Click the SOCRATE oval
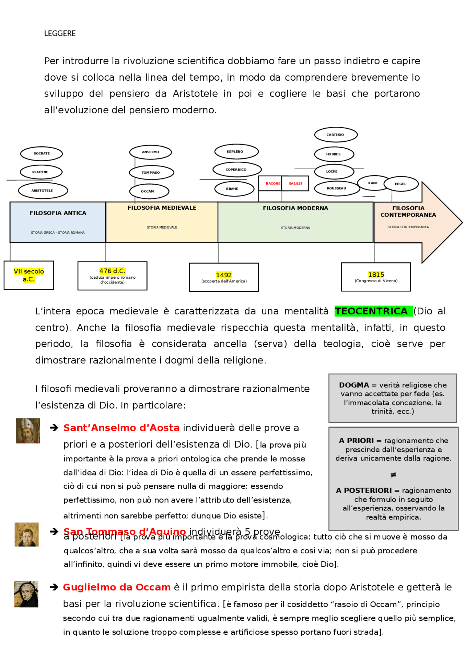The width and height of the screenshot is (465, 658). [x=41, y=154]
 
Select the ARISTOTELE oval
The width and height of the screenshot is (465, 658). [x=43, y=191]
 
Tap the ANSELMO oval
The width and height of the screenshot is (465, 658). [x=150, y=152]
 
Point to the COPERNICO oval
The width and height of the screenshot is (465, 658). [x=237, y=170]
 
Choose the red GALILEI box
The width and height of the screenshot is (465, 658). [x=295, y=183]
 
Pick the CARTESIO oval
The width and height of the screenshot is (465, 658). [x=336, y=135]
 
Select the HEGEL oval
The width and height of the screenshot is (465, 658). [x=401, y=184]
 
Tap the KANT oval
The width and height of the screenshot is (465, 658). [x=373, y=183]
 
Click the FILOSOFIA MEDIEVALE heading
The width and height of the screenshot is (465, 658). [x=162, y=208]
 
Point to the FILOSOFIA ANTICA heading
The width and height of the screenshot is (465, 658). [x=58, y=213]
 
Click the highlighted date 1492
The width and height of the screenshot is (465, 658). [x=224, y=275]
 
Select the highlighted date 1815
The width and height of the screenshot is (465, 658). [x=376, y=275]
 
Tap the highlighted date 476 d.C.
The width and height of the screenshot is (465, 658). [x=112, y=271]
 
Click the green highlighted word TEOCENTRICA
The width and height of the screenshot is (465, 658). [x=371, y=311]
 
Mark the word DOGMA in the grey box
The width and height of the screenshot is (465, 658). [x=354, y=385]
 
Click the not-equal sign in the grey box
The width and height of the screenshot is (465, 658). [x=393, y=475]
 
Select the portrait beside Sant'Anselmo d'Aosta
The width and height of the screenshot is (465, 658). [x=28, y=431]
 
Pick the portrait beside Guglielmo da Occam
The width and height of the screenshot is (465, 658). [x=26, y=594]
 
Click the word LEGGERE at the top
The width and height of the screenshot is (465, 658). [x=60, y=33]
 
